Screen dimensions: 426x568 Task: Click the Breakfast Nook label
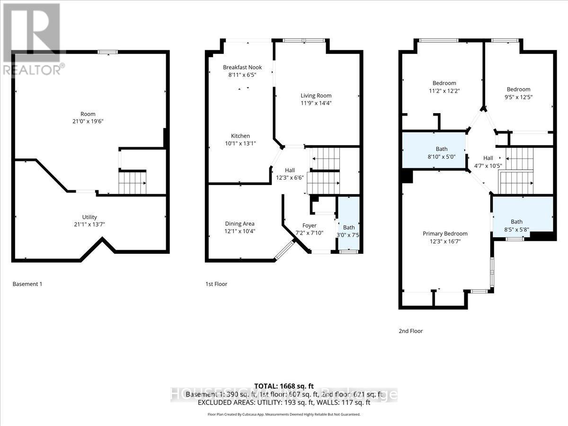coord(242,67)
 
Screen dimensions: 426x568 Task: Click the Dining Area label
coord(240,223)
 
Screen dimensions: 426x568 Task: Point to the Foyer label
coord(309,226)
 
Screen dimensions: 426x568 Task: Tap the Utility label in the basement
coord(89,217)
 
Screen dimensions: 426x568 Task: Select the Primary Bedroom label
coord(445,233)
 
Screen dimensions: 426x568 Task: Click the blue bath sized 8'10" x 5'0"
coord(435,153)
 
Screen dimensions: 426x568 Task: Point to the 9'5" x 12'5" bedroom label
coord(518,89)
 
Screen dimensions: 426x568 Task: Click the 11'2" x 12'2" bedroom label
coord(444,83)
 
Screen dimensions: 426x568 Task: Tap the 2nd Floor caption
coord(410,331)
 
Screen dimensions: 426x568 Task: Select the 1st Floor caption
coord(216,284)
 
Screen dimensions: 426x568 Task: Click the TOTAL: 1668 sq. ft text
coord(284,386)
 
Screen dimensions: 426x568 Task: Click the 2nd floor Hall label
coord(488,158)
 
